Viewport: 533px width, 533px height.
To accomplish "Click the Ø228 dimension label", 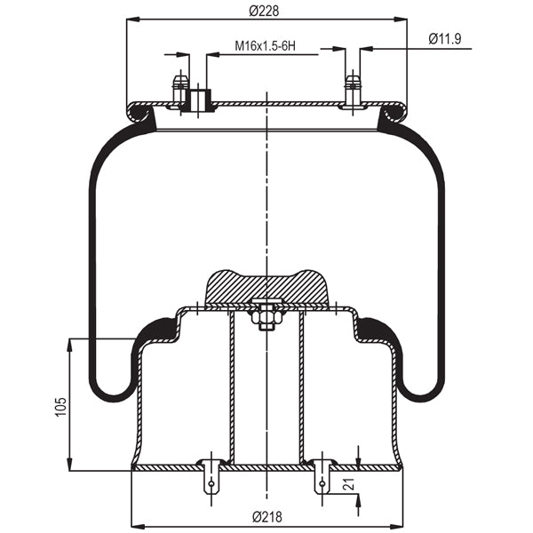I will (x=266, y=10).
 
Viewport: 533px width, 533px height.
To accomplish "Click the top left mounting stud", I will (x=179, y=92).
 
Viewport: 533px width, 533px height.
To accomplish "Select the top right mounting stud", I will (x=353, y=92).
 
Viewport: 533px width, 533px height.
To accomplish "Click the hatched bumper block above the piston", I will (x=266, y=286).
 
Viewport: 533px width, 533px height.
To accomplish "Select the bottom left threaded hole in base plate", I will (x=211, y=474).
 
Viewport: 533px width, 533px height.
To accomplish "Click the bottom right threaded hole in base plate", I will (x=321, y=474).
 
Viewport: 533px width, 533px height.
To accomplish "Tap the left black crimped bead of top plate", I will (x=139, y=112).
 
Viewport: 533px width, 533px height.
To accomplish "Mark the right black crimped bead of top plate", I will (x=393, y=112).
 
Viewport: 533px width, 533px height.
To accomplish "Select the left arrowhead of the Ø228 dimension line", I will (x=131, y=19).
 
